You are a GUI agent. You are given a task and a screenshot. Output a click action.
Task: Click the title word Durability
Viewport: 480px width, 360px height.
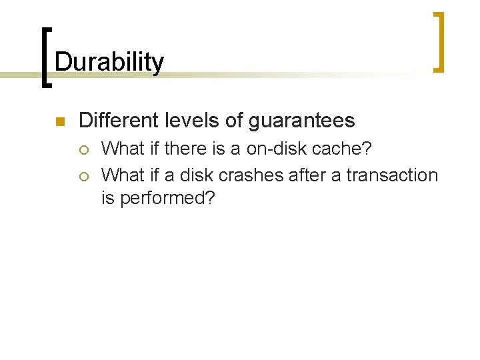coord(109,62)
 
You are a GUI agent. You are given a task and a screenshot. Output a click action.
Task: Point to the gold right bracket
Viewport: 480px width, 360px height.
coord(439,41)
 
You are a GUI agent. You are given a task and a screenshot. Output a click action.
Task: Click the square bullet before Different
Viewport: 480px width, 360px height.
coord(59,121)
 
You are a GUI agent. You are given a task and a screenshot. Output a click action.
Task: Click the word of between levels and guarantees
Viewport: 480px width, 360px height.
coord(235,121)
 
